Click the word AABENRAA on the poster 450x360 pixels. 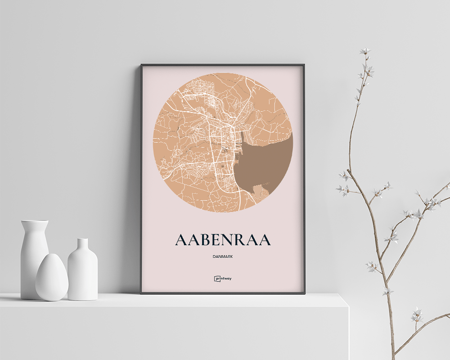pos(223,240)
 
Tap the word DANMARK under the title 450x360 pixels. pos(223,257)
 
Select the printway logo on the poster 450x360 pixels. pos(223,279)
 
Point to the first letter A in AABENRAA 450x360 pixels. pos(181,240)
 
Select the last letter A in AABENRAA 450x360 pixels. pos(264,240)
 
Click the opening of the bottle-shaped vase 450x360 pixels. pos(82,240)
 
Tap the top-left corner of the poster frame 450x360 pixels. pos(141,65)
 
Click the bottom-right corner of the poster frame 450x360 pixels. pos(304,293)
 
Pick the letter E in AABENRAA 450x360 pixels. pos(216,240)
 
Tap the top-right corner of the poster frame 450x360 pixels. pos(304,65)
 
